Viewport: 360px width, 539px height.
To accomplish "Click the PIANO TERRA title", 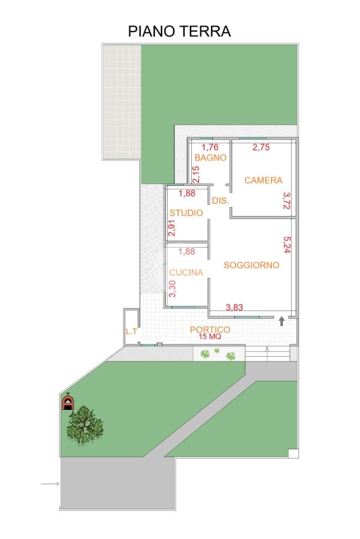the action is pos(179,31).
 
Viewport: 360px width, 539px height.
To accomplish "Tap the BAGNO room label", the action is pos(210,158).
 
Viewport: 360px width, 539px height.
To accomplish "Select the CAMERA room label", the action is pos(264,180).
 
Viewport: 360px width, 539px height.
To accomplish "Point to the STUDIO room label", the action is pos(186,213).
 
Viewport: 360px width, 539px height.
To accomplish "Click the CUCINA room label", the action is pos(186,272).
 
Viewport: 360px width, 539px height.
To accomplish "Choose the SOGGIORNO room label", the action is pos(251,265).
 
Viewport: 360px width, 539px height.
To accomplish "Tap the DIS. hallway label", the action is pos(220,201).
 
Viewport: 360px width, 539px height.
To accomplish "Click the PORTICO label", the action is pos(210,330).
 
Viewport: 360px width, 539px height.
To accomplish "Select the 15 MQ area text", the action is pos(210,337).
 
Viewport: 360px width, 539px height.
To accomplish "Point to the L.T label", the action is pos(131,332).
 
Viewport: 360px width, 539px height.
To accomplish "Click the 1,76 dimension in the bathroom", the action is pos(210,148).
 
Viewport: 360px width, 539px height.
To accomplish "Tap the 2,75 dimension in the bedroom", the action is pos(261,148).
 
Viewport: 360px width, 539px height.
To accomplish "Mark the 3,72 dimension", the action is pos(286,200).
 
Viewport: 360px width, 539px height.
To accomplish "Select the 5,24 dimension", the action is pos(287,244).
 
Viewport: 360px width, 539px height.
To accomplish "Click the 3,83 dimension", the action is pos(234,307).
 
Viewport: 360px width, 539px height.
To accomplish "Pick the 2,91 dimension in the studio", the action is pos(172,228).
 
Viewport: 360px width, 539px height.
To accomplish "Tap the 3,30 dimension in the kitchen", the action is pos(172,289).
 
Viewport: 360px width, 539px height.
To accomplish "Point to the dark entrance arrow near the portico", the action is pos(281,321).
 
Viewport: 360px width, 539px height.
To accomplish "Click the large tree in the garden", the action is pos(85,426).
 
